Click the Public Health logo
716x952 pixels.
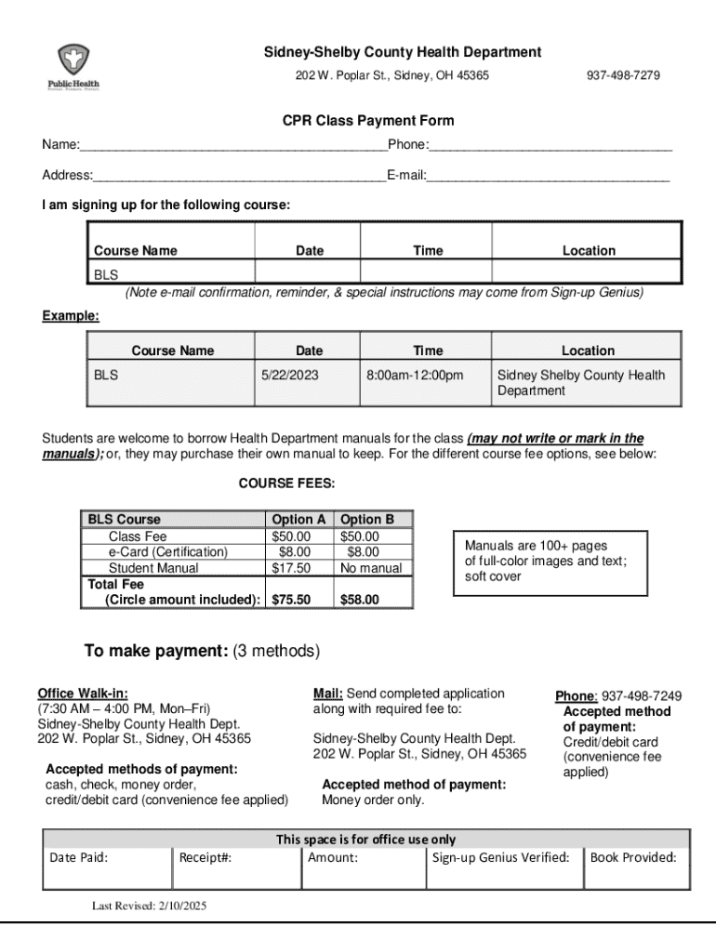click(73, 68)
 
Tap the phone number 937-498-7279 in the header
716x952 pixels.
click(623, 74)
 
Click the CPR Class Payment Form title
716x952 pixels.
click(368, 121)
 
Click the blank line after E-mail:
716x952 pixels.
click(548, 175)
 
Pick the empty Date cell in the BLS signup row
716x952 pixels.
click(309, 274)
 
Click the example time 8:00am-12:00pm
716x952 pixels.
click(414, 376)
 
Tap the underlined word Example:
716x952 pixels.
click(71, 316)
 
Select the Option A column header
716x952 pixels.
click(298, 520)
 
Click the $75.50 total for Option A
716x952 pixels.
click(290, 600)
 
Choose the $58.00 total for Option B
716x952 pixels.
click(359, 600)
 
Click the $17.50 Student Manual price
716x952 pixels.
click(290, 568)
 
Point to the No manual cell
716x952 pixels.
click(371, 568)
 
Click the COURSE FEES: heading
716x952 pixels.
click(286, 483)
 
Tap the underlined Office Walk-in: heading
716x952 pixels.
click(83, 693)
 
